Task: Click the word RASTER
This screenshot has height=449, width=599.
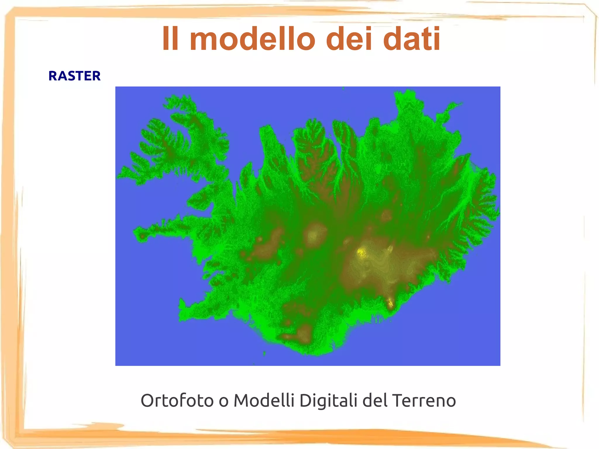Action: (74, 76)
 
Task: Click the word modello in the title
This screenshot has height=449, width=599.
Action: (252, 39)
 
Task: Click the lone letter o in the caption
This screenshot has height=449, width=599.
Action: (223, 401)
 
